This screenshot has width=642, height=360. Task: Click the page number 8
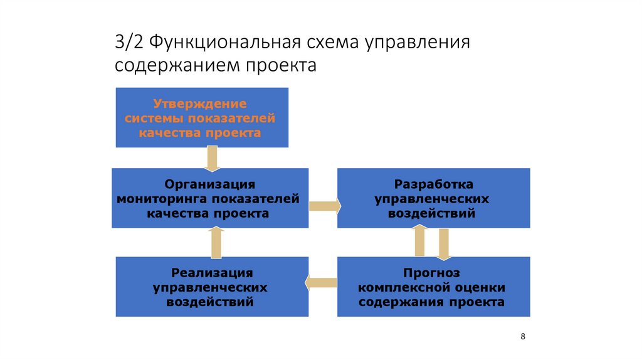(x=523, y=337)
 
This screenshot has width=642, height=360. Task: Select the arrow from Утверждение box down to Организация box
(x=213, y=158)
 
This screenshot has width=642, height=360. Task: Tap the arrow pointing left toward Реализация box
(x=321, y=283)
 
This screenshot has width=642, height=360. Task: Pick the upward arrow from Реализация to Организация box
(x=216, y=242)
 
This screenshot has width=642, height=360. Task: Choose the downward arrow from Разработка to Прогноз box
(x=444, y=243)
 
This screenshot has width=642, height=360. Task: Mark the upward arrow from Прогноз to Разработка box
(x=421, y=241)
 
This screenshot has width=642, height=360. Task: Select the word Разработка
(x=433, y=184)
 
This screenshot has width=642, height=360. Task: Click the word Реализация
(x=212, y=273)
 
